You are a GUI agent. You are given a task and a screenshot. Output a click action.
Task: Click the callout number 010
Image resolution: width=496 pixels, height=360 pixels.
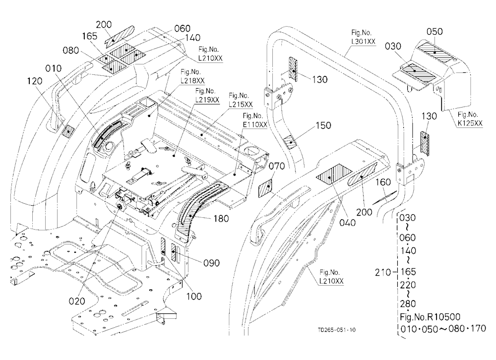(x=54, y=68)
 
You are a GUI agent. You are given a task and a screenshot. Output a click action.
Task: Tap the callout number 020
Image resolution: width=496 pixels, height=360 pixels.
(x=77, y=301)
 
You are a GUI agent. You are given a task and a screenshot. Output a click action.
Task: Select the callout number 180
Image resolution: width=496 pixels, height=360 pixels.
(x=221, y=218)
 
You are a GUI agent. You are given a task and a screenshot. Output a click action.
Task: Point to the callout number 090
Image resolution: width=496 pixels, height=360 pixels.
(x=211, y=263)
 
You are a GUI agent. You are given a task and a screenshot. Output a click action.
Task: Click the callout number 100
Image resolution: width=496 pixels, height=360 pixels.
(x=193, y=296)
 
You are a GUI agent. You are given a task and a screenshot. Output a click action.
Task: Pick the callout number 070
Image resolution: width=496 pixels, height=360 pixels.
(x=276, y=166)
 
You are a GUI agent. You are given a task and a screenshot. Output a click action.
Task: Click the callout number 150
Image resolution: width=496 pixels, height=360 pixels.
(x=323, y=125)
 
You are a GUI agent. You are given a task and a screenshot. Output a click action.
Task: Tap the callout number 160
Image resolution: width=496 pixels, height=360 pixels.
(x=383, y=182)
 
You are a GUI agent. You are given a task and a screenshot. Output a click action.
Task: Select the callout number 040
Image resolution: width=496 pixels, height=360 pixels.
(x=347, y=223)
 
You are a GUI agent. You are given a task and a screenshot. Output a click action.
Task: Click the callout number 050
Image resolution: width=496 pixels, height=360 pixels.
(x=434, y=32)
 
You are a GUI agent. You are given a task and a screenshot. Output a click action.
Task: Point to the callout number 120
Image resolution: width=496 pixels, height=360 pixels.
(x=35, y=81)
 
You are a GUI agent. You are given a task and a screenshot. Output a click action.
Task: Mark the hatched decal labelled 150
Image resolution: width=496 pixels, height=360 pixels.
(x=290, y=141)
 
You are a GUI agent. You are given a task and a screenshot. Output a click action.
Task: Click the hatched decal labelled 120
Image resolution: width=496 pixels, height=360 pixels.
(x=68, y=130)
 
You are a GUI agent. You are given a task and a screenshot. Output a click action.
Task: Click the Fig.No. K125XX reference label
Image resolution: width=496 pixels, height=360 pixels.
(x=470, y=119)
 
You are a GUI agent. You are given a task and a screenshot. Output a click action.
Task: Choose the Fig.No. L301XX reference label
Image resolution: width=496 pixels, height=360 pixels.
(x=363, y=37)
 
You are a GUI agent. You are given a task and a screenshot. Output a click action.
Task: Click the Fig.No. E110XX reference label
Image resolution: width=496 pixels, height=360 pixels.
(x=255, y=120)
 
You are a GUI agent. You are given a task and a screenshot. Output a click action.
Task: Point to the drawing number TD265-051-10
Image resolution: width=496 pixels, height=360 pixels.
(x=337, y=330)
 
